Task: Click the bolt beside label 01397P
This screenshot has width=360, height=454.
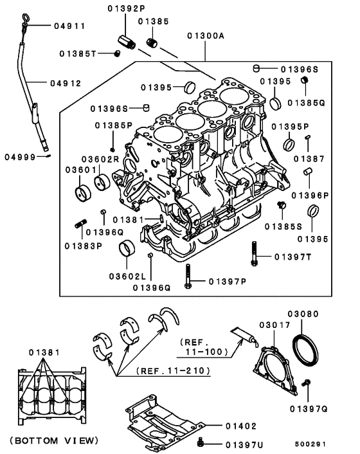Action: (x=188, y=277)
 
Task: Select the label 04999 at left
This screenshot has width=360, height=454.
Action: (x=20, y=157)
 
